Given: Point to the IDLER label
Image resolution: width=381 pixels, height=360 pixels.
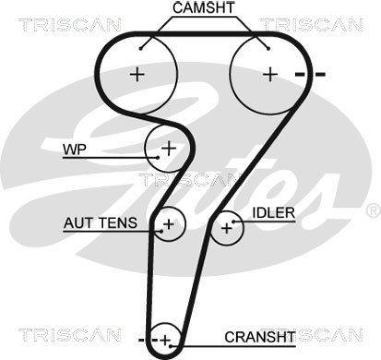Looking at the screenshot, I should [273, 213].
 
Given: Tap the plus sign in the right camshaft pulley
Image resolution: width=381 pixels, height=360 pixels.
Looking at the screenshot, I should [271, 74].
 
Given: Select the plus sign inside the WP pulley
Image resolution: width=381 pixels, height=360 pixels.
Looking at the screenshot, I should [169, 148].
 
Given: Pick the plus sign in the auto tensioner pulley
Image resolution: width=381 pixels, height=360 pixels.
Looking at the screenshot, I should [169, 223].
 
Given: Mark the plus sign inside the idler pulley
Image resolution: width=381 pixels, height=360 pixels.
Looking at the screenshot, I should [227, 228].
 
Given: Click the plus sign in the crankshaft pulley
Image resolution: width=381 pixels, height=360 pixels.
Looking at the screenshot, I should [165, 340].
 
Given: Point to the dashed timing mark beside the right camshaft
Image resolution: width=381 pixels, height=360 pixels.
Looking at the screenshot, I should [310, 74].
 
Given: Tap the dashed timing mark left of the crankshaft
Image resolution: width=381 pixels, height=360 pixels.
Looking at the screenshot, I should [148, 340].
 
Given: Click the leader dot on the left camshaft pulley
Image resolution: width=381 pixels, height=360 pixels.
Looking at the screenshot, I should [142, 48].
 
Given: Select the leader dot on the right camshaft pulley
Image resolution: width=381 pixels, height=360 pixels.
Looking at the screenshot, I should [269, 48].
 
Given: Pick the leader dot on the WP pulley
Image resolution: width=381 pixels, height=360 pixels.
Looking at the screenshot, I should [157, 157].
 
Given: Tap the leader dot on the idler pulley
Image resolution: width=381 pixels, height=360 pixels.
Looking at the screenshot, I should [233, 221].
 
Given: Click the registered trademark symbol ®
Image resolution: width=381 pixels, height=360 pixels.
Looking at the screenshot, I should [371, 210].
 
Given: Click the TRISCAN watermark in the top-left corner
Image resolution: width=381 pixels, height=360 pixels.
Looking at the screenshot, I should [70, 24].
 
